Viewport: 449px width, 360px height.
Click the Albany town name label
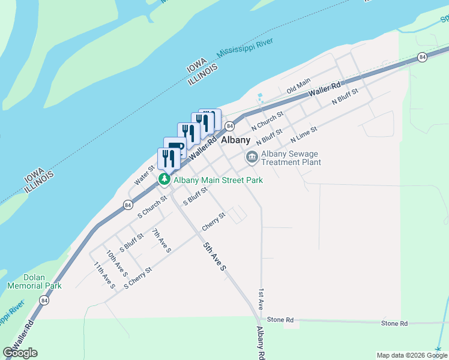(x=235, y=140)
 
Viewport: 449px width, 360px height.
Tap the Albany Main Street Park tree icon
(x=163, y=179)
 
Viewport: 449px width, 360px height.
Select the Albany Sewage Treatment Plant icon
(x=252, y=158)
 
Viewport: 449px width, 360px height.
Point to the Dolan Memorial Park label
(x=34, y=282)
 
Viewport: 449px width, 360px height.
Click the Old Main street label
(x=298, y=86)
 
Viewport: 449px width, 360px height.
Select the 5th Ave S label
(x=214, y=256)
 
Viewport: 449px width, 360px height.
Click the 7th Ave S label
(x=161, y=240)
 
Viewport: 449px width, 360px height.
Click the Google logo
(x=20, y=353)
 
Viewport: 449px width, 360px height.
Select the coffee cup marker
(x=175, y=148)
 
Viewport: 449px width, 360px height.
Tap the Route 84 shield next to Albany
(x=229, y=125)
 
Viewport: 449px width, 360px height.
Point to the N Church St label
(x=267, y=120)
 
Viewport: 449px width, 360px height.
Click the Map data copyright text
(x=412, y=355)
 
